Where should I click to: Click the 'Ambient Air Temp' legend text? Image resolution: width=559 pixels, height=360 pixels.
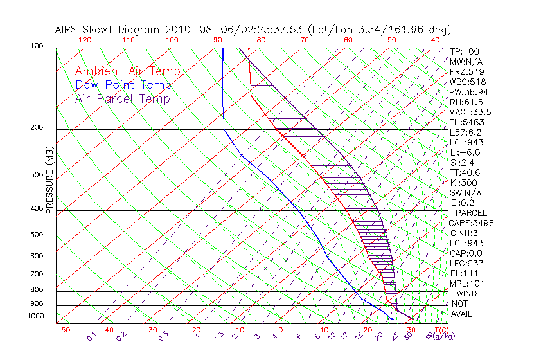pos(127,71)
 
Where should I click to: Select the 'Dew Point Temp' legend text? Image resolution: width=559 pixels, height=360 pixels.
pos(123,85)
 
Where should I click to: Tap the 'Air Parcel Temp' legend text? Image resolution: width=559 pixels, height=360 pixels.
pos(122,98)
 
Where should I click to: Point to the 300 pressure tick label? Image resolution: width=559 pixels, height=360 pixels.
pos(38,175)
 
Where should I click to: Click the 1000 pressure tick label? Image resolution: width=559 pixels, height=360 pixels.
pos(36,316)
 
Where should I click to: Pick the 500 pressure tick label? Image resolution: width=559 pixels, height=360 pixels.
pos(38,235)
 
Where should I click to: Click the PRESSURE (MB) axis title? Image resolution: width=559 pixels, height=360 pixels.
pos(49,180)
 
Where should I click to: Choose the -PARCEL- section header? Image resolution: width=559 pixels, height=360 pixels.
pos(472,213)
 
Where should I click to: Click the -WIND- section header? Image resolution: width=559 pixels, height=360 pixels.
pos(467,293)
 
